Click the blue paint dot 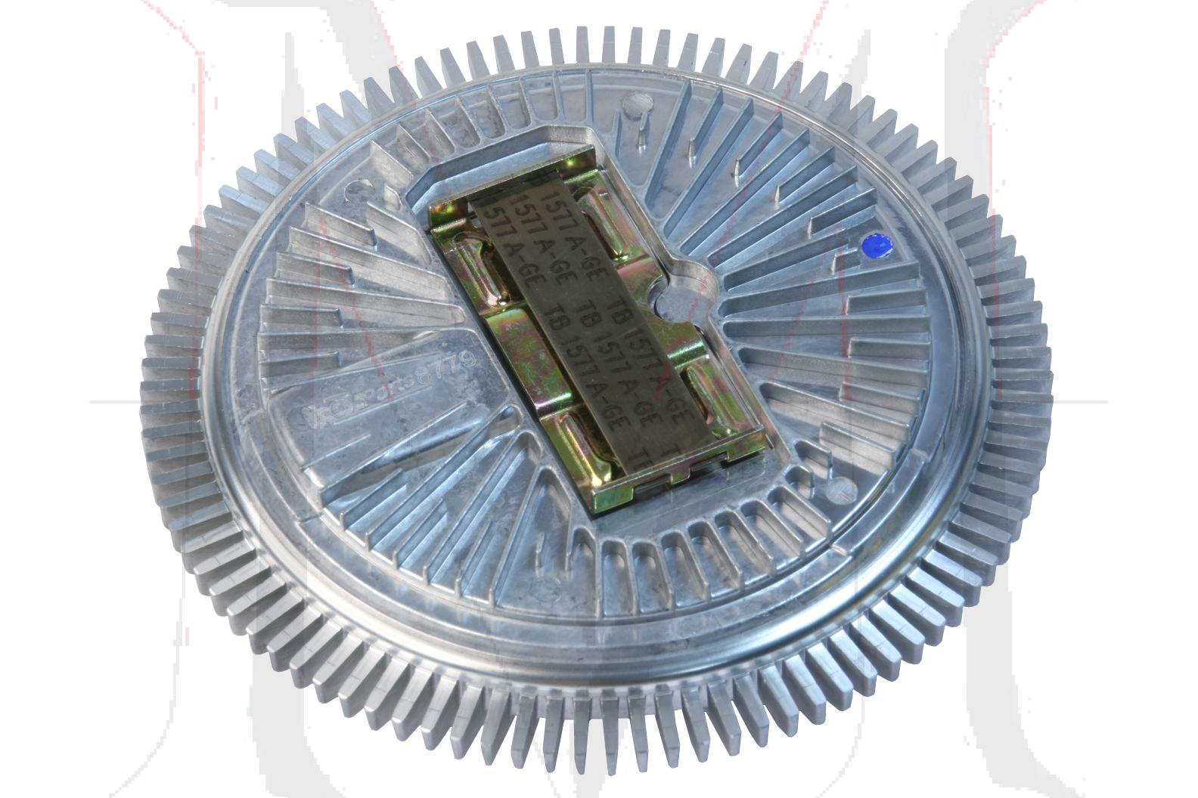pyautogui.click(x=877, y=246)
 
